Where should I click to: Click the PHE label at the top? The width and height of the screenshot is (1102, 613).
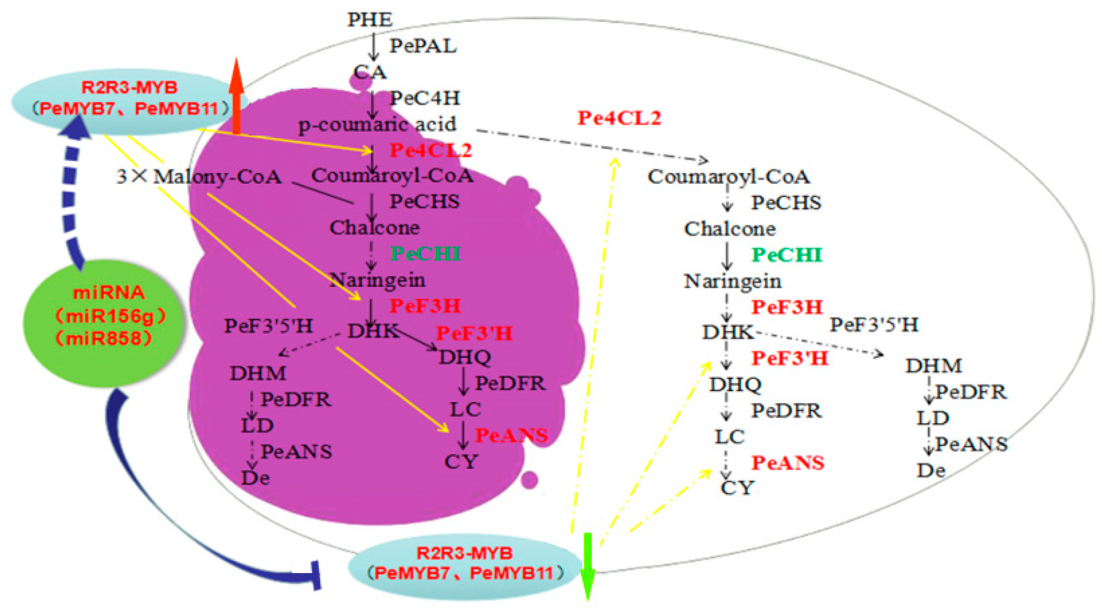point(369,20)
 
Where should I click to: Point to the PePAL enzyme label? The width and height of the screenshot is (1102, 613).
point(423,46)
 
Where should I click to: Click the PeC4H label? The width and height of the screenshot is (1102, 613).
point(424,98)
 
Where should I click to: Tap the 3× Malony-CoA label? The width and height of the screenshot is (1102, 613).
point(199,177)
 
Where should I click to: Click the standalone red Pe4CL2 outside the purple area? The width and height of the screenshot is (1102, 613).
point(619,118)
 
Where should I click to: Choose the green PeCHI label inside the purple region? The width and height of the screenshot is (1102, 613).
point(425,254)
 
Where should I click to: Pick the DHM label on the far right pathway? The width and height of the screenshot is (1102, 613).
point(933,366)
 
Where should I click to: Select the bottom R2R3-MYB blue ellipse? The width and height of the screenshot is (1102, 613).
point(464,565)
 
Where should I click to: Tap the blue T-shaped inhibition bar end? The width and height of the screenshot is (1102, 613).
point(317,576)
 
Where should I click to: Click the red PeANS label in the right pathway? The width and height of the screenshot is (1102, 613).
point(788,463)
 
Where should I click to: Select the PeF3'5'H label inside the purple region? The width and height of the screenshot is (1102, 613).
point(269,326)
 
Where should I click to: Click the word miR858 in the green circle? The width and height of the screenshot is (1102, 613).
point(104,339)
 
